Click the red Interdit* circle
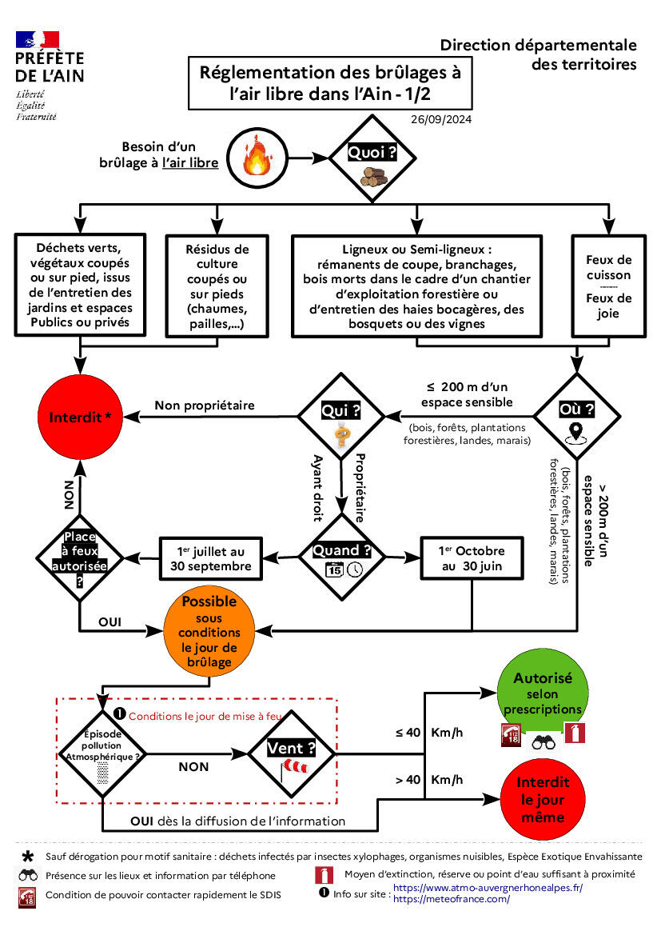tap(80, 418)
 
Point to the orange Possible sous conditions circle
tap(209, 632)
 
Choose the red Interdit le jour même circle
tap(543, 799)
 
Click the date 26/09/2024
tap(440, 119)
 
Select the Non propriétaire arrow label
tap(205, 406)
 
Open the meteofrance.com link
tap(452, 899)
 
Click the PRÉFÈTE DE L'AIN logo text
tap(50, 67)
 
